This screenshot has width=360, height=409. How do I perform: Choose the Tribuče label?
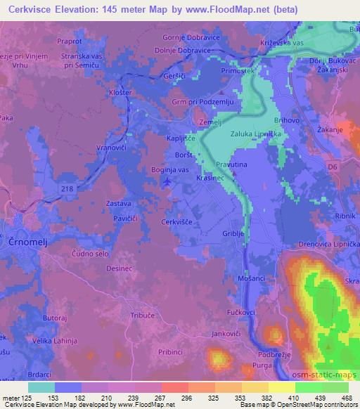pyautogui.click(x=144, y=316)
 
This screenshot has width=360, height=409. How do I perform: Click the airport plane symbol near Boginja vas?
pyautogui.click(x=167, y=183)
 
